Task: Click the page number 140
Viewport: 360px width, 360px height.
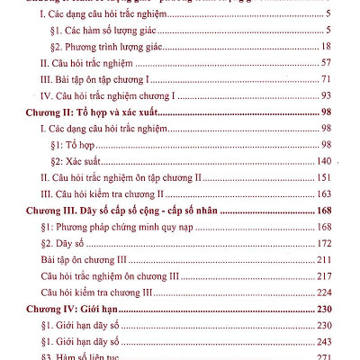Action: point(325,161)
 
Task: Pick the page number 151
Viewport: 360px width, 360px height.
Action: point(325,177)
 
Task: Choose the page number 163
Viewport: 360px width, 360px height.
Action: point(325,193)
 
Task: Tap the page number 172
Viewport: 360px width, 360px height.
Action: point(325,243)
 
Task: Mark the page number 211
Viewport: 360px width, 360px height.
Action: point(325,259)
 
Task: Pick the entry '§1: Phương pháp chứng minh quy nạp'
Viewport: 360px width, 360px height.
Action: point(125,227)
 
